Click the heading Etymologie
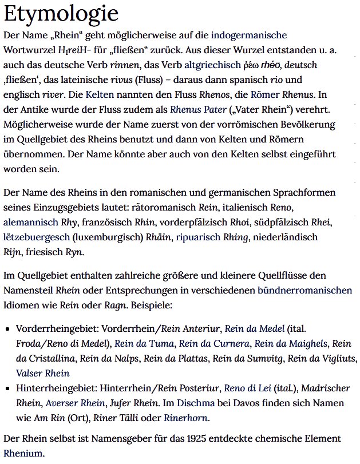(x=61, y=13)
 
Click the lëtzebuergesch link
(x=37, y=236)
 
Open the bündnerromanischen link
(x=304, y=291)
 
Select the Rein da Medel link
(x=254, y=329)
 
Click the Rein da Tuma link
(x=144, y=344)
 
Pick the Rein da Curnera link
(x=214, y=344)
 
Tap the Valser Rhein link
(x=43, y=374)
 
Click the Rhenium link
(x=23, y=454)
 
